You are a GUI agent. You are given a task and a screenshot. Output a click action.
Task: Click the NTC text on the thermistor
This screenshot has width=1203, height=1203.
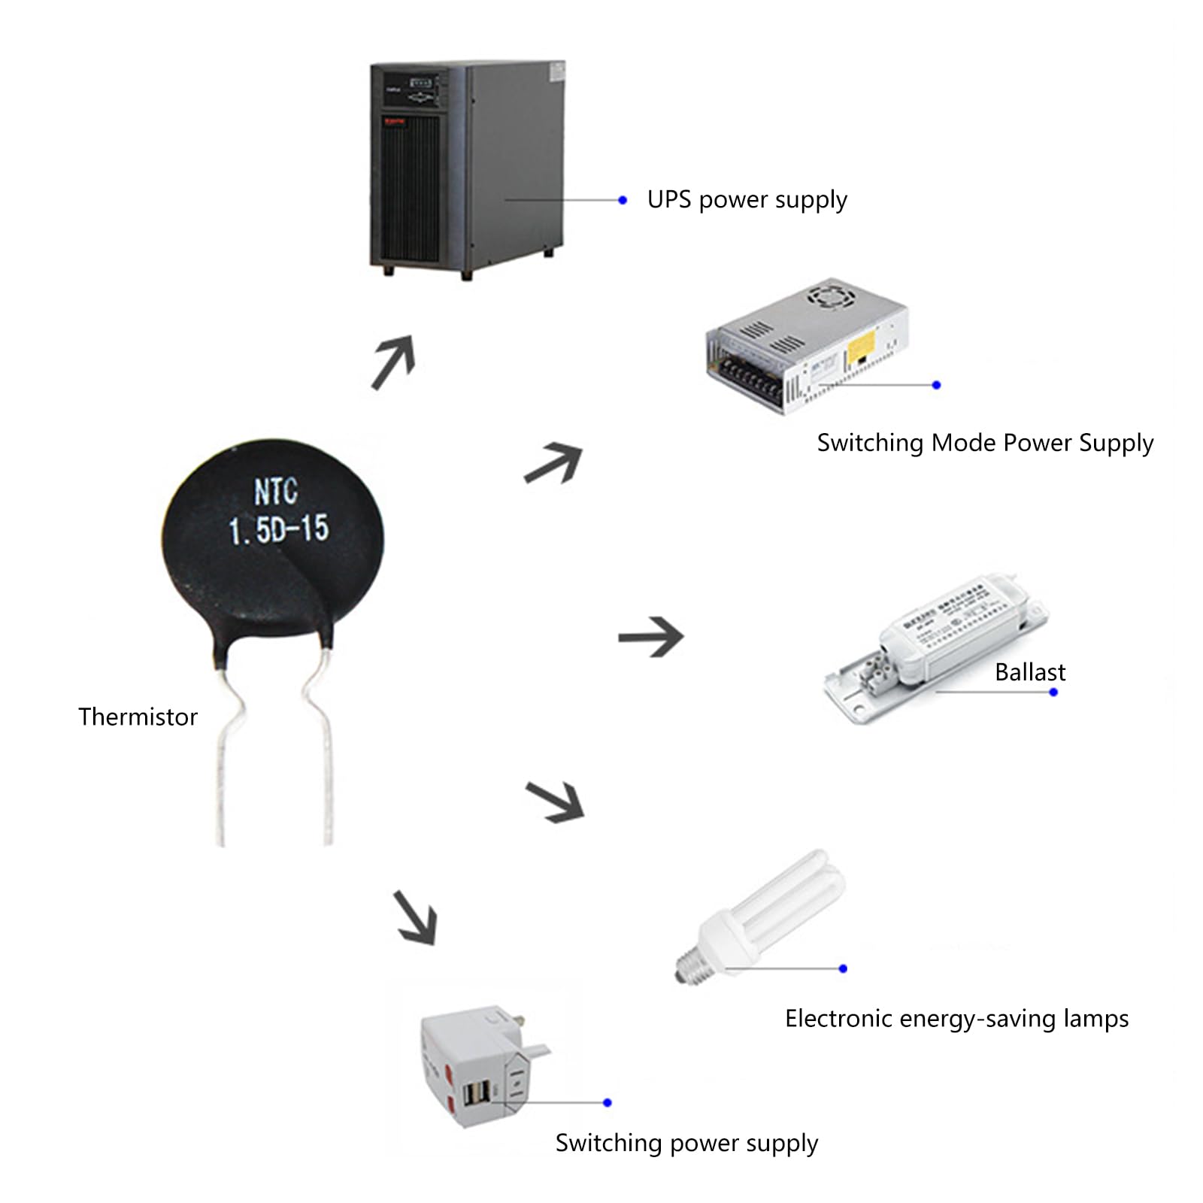coord(276,492)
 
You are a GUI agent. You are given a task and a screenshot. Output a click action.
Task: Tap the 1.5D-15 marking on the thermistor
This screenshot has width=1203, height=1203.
coord(279,529)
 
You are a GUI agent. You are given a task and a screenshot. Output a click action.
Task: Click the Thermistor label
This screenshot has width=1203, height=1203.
coord(138,717)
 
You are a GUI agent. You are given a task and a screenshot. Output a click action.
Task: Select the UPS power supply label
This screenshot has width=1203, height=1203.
coord(747,200)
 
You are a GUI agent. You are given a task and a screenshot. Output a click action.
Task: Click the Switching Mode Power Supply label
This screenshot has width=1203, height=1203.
coord(984,443)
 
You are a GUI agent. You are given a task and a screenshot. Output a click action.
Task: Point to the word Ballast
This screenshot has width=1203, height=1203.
coord(1029,671)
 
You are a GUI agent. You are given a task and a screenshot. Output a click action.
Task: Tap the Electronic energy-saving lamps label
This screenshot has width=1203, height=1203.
coord(956,1019)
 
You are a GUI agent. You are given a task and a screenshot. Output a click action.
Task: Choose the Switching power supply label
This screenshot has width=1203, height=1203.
coord(686,1143)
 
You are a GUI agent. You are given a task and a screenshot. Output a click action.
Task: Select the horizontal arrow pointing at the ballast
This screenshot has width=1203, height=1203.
coord(651,637)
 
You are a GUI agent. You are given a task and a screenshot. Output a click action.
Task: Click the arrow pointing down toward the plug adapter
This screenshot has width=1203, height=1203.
coord(416,917)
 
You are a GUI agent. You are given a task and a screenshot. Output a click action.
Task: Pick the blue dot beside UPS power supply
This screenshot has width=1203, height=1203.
coord(623,200)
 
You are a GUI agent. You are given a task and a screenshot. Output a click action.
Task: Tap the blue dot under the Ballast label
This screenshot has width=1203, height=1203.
coord(1053,692)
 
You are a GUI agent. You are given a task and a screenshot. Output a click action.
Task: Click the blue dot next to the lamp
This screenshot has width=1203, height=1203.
coord(843,968)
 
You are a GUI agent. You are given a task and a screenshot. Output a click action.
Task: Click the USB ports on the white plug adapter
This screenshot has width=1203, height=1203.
coord(477,1093)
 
